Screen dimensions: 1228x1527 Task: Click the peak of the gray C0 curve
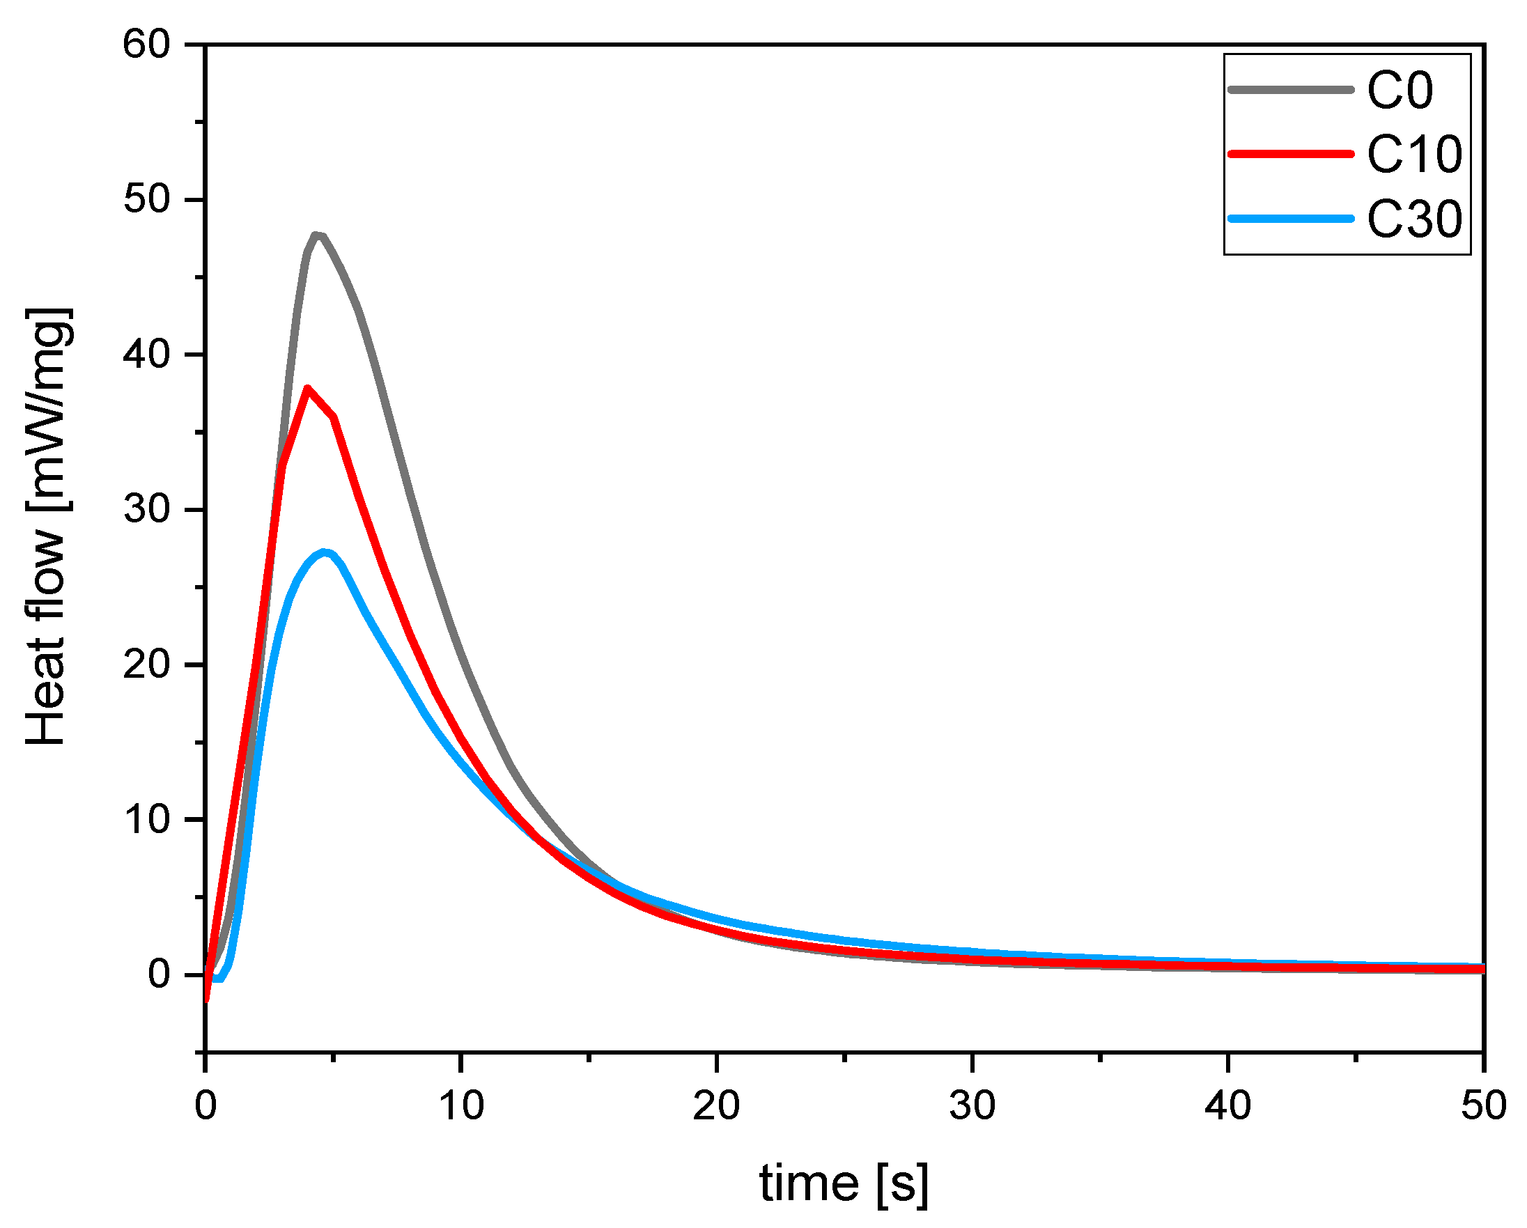[316, 235]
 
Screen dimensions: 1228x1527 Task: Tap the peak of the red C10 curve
[307, 388]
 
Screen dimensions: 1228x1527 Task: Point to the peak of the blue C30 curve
[325, 552]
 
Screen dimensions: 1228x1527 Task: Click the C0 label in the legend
[1400, 91]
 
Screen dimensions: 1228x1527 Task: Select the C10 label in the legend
[1413, 155]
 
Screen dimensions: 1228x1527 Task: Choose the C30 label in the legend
[1413, 219]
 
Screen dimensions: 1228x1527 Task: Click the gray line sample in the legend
[1290, 90]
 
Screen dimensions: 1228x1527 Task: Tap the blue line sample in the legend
[1290, 219]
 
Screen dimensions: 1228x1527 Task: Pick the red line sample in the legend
[1290, 154]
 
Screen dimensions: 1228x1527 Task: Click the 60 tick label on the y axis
[146, 44]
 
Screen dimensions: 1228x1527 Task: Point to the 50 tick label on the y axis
[146, 199]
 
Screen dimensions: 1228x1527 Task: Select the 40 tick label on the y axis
[146, 354]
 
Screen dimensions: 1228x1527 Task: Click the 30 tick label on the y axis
[146, 509]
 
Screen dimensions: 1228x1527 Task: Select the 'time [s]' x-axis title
[843, 1184]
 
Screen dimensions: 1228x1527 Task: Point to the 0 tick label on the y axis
[159, 974]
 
